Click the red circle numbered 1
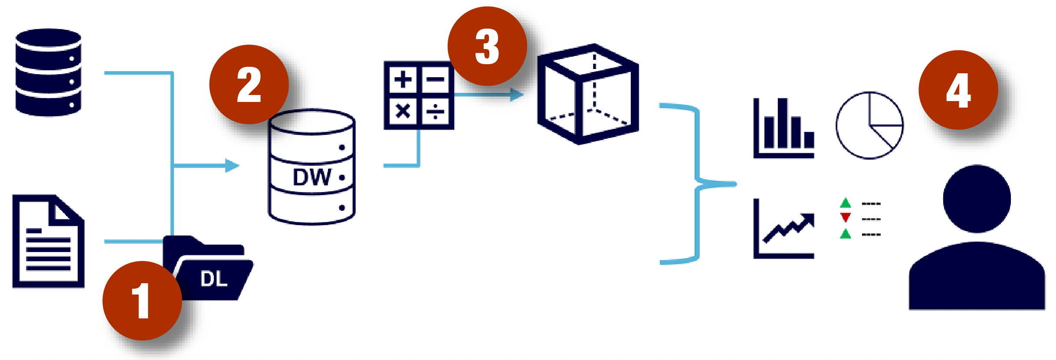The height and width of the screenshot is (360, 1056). pos(142,301)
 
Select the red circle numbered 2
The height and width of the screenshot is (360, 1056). pos(249,85)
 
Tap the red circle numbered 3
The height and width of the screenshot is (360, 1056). pos(487,46)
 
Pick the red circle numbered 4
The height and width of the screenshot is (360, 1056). pos(958,90)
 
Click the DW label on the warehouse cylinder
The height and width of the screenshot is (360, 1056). pos(312,177)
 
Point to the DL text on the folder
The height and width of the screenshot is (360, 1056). pos(214,278)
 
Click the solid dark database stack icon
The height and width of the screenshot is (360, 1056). pos(48,72)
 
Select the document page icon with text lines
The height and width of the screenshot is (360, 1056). pos(48,241)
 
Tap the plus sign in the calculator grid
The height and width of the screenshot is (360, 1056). pos(403,79)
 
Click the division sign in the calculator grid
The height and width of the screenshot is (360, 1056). pos(435,111)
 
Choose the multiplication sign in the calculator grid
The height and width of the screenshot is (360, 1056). pos(403,111)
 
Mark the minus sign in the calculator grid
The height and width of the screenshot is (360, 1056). pos(435,79)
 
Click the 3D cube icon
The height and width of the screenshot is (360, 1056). pos(588,94)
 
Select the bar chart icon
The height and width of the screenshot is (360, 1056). pos(784,128)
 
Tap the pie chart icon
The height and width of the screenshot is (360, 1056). pos(869,125)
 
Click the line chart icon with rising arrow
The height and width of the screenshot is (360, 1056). pos(784,229)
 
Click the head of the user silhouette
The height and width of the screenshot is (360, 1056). pos(977,199)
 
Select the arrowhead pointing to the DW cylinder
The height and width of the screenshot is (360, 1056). pos(232,165)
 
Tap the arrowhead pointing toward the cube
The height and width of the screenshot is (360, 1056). pos(517,94)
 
